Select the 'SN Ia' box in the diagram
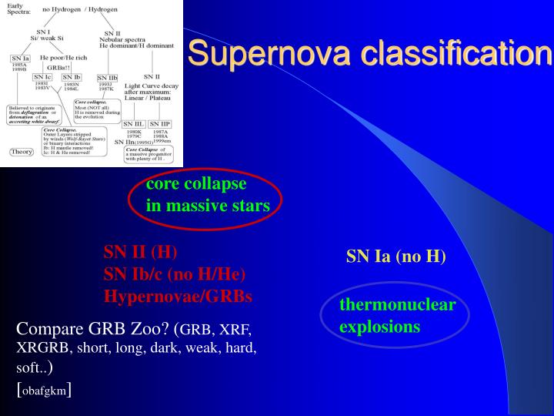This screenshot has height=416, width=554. click(x=21, y=59)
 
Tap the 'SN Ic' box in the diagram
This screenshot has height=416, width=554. click(x=43, y=77)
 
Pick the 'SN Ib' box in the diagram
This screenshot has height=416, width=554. click(x=72, y=77)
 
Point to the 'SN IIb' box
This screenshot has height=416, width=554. click(x=107, y=78)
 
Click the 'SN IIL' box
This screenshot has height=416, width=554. click(x=134, y=123)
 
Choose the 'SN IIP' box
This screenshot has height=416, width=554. click(x=160, y=123)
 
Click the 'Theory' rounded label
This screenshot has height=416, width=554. click(x=21, y=152)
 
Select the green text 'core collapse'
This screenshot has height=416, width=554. click(x=196, y=184)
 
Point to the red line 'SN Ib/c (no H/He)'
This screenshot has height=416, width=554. click(x=175, y=273)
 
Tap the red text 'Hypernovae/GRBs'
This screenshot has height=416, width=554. click(x=178, y=296)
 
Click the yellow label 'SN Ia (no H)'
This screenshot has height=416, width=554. click(x=395, y=257)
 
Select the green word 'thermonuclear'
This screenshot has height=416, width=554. click(x=397, y=304)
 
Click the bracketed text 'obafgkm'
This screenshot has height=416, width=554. click(x=44, y=391)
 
